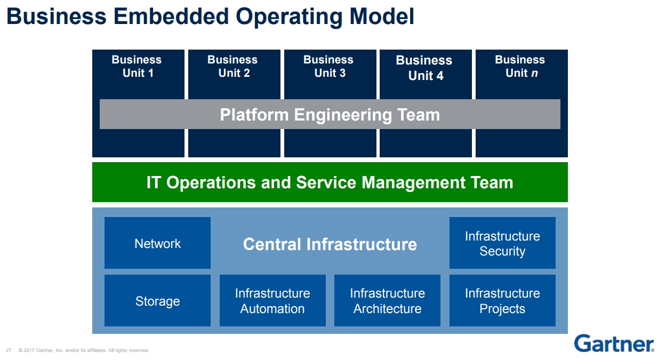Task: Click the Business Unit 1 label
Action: (x=137, y=67)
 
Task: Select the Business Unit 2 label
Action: (x=233, y=67)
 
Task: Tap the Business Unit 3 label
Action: (x=329, y=67)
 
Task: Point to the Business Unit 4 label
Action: (x=424, y=68)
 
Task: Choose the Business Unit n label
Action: (x=520, y=67)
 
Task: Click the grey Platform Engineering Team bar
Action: (x=330, y=115)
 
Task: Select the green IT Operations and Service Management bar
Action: (x=330, y=182)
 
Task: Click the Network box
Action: (x=157, y=243)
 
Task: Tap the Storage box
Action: (x=157, y=301)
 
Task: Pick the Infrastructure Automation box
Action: (x=272, y=301)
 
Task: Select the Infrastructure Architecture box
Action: (x=387, y=301)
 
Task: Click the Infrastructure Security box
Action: (x=502, y=243)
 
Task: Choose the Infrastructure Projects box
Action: (x=502, y=301)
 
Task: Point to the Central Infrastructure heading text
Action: (x=330, y=244)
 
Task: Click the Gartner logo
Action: (x=614, y=343)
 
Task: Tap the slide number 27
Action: (x=9, y=350)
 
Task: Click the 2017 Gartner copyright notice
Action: (x=84, y=350)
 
